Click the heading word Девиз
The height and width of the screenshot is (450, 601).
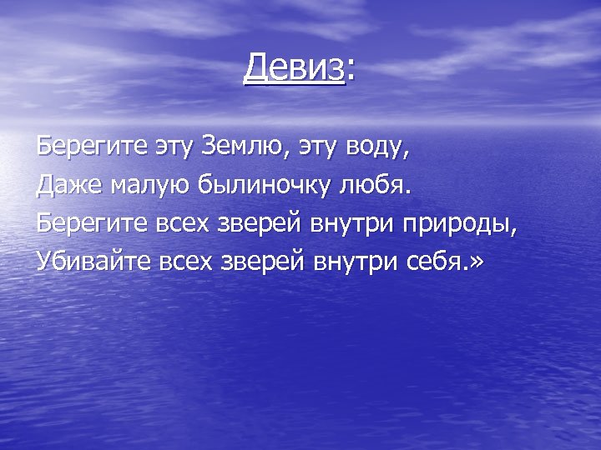[294, 67]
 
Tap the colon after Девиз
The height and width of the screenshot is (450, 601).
[350, 70]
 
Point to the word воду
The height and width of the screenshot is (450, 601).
[373, 148]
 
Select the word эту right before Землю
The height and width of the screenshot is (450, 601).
[171, 148]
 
